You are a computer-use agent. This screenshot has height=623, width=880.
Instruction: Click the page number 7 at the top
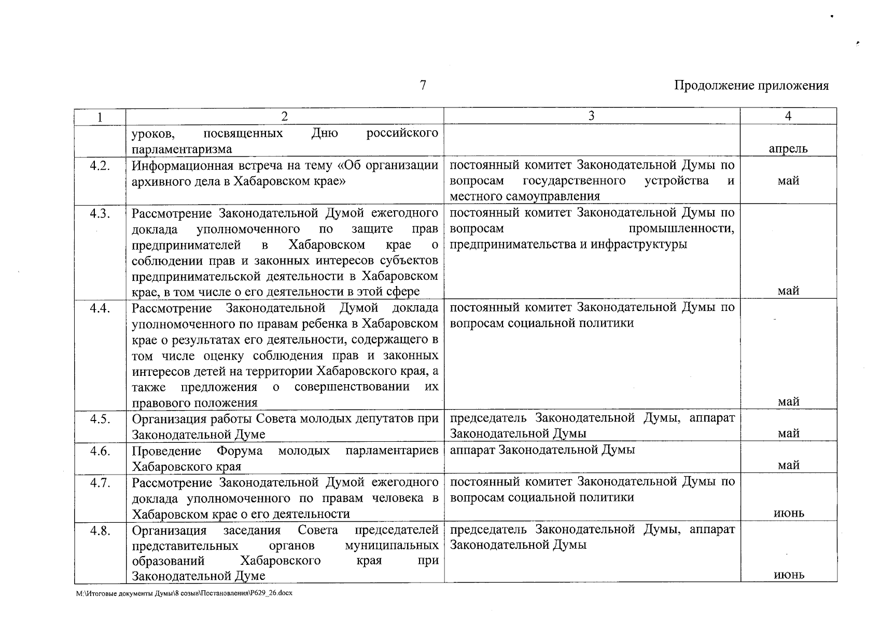coord(423,85)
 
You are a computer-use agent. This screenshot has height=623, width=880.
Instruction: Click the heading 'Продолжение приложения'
coord(751,86)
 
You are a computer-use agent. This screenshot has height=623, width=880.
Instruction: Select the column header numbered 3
coord(592,116)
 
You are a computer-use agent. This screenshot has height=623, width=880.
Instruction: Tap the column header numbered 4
coord(788,116)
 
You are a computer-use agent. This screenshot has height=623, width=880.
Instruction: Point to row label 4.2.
coord(100,166)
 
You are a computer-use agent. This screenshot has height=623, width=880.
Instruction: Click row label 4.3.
coord(100,213)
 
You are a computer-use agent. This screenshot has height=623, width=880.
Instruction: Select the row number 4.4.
coord(100,308)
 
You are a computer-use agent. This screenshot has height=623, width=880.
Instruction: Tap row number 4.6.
coord(100,451)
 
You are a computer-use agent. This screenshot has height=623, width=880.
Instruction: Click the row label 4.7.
coord(100,483)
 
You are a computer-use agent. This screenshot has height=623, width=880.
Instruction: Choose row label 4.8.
coord(100,531)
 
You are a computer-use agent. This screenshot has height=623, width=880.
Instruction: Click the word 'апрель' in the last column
coord(788,150)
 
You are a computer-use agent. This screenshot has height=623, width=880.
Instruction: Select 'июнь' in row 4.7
coord(789,513)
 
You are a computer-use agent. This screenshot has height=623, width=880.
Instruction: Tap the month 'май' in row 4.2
coord(788,181)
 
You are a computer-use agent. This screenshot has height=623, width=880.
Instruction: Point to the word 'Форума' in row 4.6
coord(240,451)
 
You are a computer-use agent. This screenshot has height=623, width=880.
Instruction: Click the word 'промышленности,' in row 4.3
coord(681,229)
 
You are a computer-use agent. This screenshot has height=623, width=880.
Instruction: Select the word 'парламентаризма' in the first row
coord(181,150)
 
